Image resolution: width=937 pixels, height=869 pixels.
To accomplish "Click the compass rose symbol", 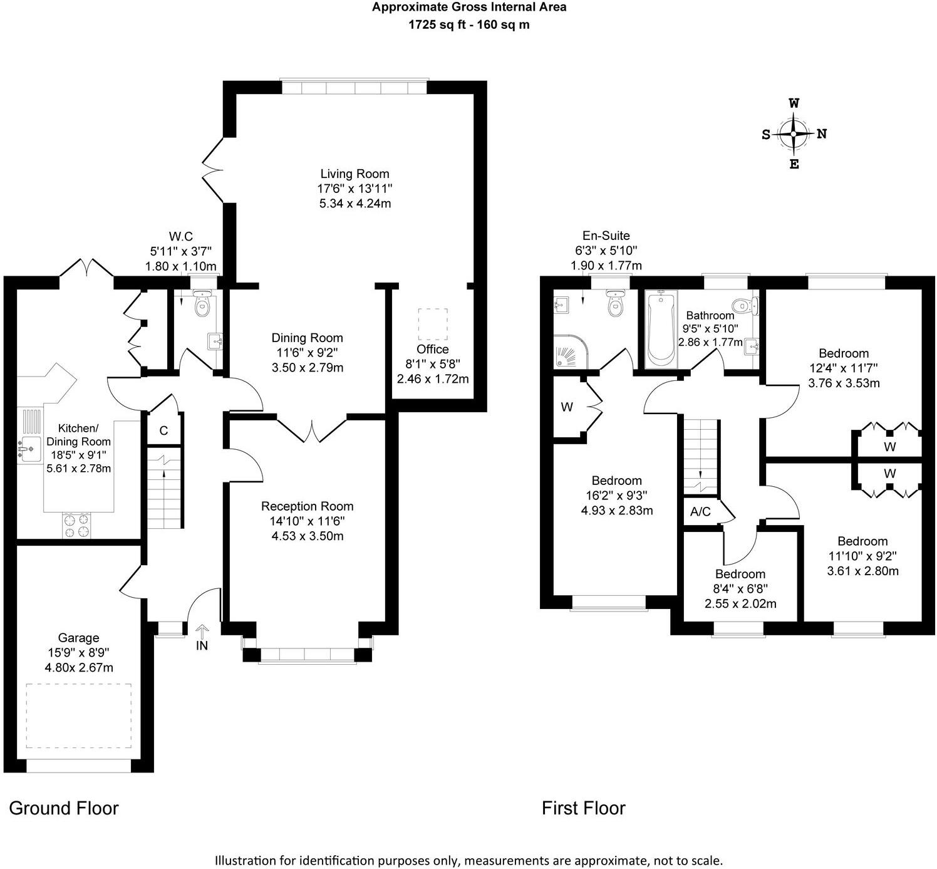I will click(x=794, y=134).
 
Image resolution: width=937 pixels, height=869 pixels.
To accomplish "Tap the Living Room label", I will click(x=355, y=174).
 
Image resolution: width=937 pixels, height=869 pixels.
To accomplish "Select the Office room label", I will click(x=432, y=350).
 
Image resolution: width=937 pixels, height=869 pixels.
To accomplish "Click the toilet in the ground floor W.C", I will click(x=202, y=304).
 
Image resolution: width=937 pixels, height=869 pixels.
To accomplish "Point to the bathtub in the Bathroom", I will click(x=661, y=329).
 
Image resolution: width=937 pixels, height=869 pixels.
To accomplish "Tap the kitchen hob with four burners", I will click(x=76, y=525).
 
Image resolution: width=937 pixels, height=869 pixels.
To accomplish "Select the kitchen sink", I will click(x=29, y=449).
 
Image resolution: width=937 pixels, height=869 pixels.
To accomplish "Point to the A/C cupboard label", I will click(x=700, y=512).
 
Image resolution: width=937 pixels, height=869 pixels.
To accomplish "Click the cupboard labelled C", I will click(x=163, y=430).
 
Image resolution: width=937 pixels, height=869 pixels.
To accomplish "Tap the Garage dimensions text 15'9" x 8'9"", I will click(x=79, y=653).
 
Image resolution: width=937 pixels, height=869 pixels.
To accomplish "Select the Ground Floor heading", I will click(x=64, y=808).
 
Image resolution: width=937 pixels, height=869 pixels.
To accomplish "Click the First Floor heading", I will click(x=583, y=808).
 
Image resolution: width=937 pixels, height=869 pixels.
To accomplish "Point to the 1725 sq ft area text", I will click(x=468, y=25).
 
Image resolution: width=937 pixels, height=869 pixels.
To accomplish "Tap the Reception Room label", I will click(x=307, y=506).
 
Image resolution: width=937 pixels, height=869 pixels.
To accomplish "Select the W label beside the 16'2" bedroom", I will click(x=567, y=407).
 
